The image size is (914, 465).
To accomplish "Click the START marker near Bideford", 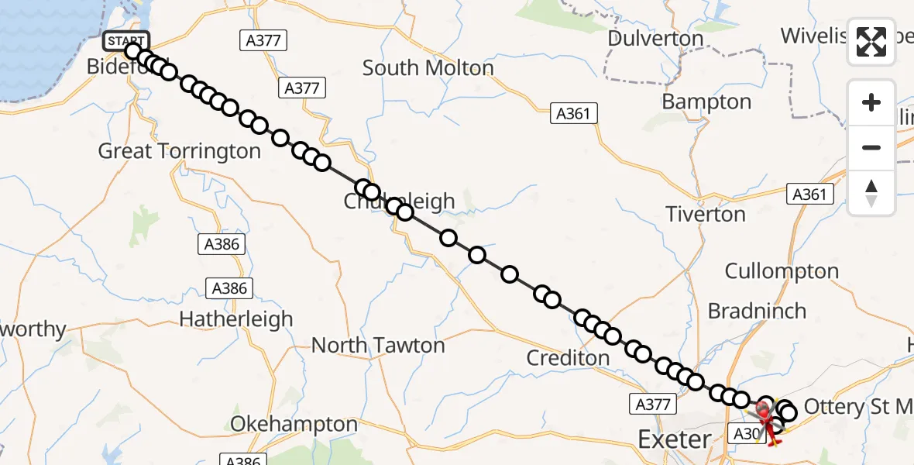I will (x=124, y=41).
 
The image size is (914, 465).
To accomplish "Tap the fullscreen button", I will (x=871, y=42).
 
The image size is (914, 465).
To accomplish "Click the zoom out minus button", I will (x=871, y=147).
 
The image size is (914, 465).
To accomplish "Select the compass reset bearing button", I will (x=871, y=193).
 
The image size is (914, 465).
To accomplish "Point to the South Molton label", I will (x=428, y=68).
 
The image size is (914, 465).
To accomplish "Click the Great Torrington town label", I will (x=179, y=151).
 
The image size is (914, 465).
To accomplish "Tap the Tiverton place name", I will (x=706, y=214).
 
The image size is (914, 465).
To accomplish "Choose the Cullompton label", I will (x=782, y=271).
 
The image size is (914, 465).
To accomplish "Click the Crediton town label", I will (x=568, y=358).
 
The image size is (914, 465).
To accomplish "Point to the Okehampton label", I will (x=294, y=425).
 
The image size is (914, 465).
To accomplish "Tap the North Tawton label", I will (x=378, y=345).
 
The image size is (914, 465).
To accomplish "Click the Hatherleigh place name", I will (x=235, y=319).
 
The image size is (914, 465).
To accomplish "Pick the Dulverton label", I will (x=655, y=39).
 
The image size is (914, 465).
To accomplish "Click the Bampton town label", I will (x=706, y=102).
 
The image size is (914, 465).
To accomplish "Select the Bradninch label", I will (x=757, y=312).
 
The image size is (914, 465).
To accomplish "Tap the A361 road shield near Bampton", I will (x=573, y=114).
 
